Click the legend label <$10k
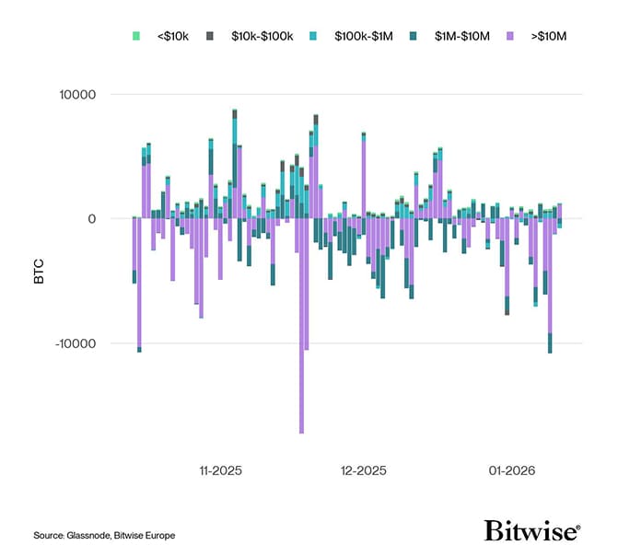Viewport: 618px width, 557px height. pos(172,35)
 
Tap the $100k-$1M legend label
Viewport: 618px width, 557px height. pos(367,35)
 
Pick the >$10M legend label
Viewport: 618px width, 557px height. pos(552,35)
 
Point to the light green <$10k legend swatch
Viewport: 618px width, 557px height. pos(136,35)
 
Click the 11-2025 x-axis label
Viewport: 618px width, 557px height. pos(220,470)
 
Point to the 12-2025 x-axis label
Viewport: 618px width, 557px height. pos(364,470)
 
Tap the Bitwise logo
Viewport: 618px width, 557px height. pos(532,531)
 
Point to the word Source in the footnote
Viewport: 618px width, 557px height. pos(48,535)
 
